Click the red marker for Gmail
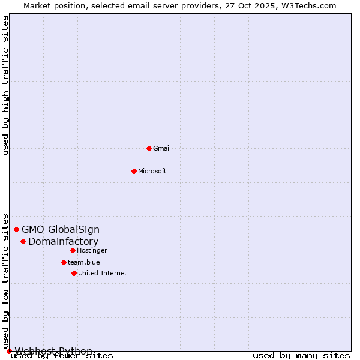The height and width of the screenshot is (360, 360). [x=149, y=148]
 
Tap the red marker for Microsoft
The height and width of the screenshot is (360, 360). [x=134, y=171]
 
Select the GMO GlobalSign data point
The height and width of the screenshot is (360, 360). [x=17, y=229]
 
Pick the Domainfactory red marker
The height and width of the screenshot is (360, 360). [x=23, y=241]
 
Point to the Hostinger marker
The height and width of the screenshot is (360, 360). [x=73, y=250]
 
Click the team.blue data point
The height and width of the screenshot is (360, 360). [x=64, y=262]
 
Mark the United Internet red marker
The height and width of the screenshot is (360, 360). [x=74, y=273]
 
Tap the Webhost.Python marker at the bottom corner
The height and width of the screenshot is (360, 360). [x=9, y=351]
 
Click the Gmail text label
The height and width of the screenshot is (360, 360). [x=162, y=148]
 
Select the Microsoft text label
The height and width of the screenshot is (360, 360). [x=152, y=171]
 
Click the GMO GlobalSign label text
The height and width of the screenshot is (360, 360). [x=61, y=229]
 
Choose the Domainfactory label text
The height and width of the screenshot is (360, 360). [x=63, y=241]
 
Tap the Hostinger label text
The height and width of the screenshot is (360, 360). [x=92, y=250]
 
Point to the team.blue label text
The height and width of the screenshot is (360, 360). [x=84, y=262]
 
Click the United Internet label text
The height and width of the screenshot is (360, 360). [x=102, y=273]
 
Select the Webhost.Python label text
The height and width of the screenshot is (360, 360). [x=53, y=351]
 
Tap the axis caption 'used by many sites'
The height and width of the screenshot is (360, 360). [x=301, y=356]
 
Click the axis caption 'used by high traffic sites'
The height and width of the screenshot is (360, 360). [x=6, y=85]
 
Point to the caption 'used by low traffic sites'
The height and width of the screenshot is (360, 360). [x=6, y=281]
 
